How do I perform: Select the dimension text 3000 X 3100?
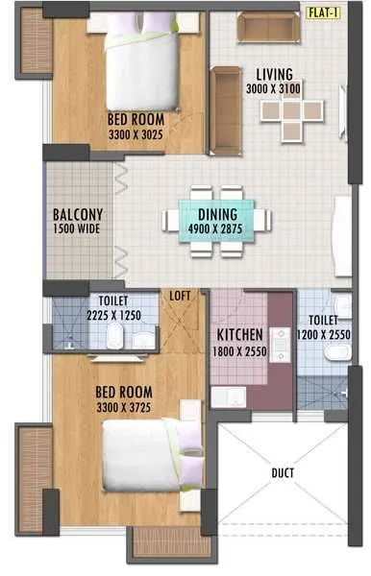(x=275, y=88)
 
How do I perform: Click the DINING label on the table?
(x=217, y=216)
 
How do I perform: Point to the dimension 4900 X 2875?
(x=217, y=229)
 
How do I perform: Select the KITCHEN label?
(x=241, y=335)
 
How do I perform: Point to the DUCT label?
(x=282, y=472)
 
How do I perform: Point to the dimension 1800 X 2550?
(x=241, y=350)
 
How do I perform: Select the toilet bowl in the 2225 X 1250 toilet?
(x=114, y=335)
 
